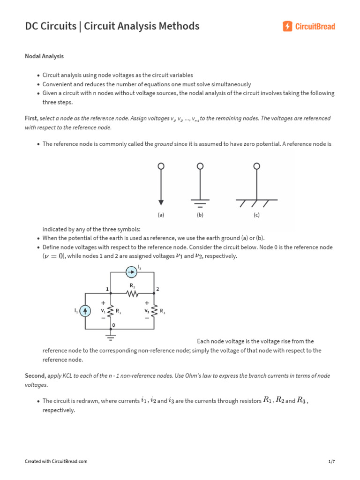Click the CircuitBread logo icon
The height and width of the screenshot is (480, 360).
click(287, 26)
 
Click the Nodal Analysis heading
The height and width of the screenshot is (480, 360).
click(44, 56)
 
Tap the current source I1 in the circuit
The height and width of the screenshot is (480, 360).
click(85, 311)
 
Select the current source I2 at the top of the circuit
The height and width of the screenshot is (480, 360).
click(132, 271)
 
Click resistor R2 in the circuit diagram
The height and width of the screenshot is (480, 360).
click(132, 294)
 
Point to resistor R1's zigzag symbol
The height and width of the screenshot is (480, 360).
click(111, 311)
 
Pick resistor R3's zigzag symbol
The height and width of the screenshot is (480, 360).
click(154, 311)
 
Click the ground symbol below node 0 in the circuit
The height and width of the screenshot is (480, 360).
click(111, 336)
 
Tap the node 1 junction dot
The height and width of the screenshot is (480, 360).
click(111, 293)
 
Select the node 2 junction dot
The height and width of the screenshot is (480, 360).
click(154, 293)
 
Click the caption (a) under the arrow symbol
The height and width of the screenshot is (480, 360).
click(161, 215)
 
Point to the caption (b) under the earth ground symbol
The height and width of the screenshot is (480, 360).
click(200, 215)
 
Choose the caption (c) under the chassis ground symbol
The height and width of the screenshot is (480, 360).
click(256, 215)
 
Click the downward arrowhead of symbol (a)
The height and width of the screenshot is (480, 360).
click(161, 202)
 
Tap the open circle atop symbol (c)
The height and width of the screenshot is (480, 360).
click(256, 166)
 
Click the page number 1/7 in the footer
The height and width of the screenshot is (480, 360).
click(331, 462)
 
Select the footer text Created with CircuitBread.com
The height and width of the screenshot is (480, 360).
click(56, 462)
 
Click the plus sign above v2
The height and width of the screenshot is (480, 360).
click(147, 303)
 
